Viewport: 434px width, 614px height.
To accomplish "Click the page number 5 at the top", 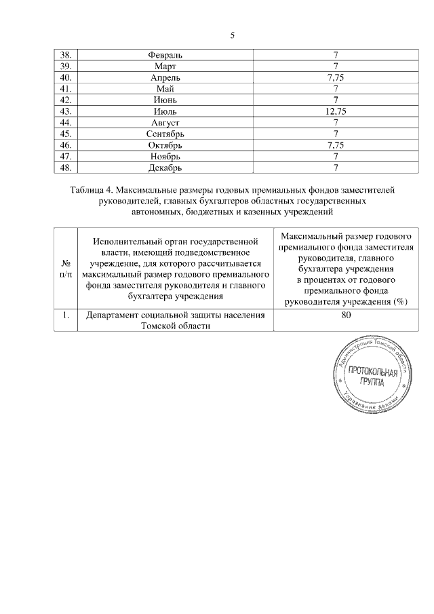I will click(232, 35).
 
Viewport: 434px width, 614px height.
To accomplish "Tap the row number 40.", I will click(66, 77).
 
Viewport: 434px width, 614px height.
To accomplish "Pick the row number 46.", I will click(66, 145).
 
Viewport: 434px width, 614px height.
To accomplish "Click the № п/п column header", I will click(66, 269).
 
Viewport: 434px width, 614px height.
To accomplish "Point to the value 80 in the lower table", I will click(347, 315).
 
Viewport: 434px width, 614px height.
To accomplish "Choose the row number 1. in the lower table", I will click(66, 315).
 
